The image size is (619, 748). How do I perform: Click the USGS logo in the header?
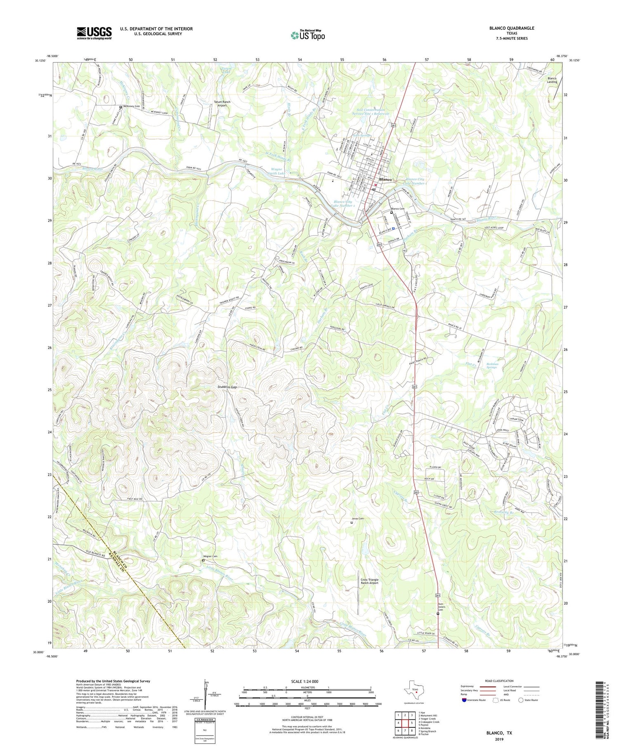(94, 33)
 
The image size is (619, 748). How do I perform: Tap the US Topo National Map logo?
(307, 35)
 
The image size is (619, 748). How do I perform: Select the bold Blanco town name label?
(385, 179)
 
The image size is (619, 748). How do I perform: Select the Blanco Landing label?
(552, 80)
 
